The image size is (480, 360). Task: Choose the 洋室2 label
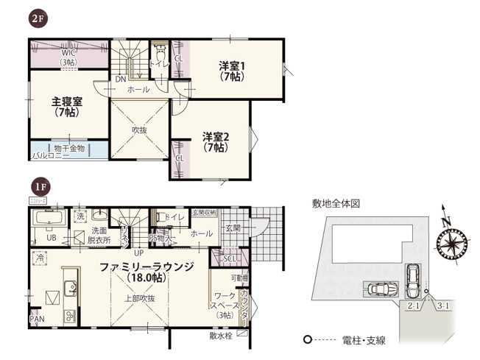click(215, 141)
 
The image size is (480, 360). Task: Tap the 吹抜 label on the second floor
click(140, 130)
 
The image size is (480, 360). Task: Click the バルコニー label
click(50, 156)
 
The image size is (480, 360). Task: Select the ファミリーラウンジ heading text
click(141, 267)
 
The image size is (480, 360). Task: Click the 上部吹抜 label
click(139, 298)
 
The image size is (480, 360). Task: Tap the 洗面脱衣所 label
click(99, 235)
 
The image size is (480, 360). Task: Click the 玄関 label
click(233, 227)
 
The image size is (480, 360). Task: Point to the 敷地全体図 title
click(336, 202)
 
